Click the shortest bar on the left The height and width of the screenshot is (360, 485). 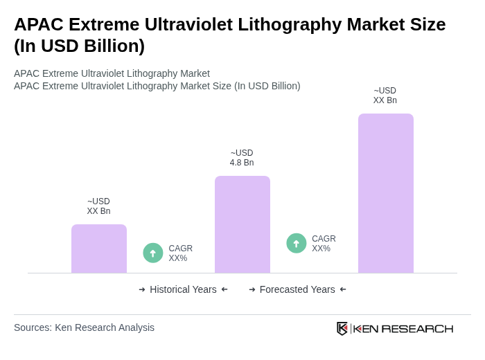pos(99,249)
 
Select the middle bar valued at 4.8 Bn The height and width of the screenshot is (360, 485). pos(242,224)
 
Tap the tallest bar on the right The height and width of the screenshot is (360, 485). pos(386,193)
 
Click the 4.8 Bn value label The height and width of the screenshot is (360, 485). pos(242,158)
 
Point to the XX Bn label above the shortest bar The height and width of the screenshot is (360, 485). pos(98,206)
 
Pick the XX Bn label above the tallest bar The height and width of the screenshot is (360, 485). pos(385,96)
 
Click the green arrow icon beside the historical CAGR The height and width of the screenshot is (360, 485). pos(153,253)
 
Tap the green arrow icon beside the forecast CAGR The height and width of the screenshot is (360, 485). pos(297,244)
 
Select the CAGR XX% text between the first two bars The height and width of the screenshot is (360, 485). pos(181,253)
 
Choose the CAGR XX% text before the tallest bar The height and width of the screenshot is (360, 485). pos(324,244)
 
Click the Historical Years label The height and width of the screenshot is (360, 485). pos(183,289)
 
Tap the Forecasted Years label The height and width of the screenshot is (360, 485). pos(297,289)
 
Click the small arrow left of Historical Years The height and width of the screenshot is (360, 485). pos(142,289)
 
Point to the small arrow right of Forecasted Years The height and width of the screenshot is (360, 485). pos(343,289)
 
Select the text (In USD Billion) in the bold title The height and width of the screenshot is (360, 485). pos(79,46)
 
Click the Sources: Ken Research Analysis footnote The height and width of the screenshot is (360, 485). pos(84,327)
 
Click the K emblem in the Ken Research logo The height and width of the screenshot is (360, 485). pos(342,328)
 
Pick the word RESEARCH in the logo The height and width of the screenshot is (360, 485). pos(417,329)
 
